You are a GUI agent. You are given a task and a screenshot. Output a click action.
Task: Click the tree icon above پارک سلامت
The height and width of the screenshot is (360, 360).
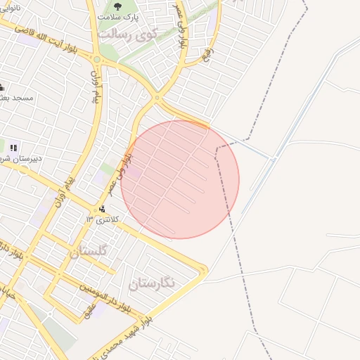115,6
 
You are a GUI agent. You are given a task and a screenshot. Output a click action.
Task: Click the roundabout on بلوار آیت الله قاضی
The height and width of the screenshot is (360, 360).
96,60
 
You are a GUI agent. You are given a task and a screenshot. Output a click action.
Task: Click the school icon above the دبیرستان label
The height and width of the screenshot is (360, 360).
13,147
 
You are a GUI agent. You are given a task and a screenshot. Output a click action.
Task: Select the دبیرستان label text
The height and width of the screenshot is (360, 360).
21,158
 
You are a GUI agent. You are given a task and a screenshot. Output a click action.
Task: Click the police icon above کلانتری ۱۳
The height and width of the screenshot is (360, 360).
103,209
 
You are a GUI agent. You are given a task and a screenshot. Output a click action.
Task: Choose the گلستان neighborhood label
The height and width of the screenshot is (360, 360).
89,251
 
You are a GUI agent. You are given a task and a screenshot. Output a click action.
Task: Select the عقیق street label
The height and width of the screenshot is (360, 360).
89,309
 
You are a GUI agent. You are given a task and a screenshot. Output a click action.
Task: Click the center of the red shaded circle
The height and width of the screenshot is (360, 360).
180,179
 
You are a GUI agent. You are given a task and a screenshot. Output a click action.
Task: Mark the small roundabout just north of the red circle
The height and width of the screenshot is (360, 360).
157,98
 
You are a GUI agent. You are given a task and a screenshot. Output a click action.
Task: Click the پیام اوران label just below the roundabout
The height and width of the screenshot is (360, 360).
94,86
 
